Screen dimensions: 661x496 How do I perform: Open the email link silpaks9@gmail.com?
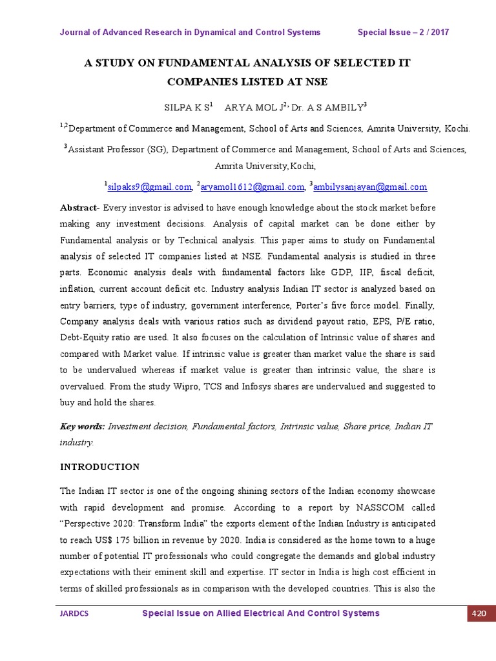[x=149, y=187]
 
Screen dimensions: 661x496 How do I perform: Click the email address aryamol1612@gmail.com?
[x=252, y=187]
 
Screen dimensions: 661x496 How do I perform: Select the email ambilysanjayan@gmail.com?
[x=371, y=187]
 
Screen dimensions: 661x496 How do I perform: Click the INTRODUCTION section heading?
[x=99, y=467]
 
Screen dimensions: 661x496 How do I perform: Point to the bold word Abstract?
[x=77, y=208]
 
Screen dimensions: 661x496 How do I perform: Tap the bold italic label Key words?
[x=82, y=427]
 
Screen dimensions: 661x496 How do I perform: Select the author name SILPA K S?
[x=181, y=107]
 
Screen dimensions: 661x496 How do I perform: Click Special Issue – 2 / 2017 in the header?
[x=403, y=32]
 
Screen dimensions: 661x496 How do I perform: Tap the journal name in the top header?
[x=190, y=32]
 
